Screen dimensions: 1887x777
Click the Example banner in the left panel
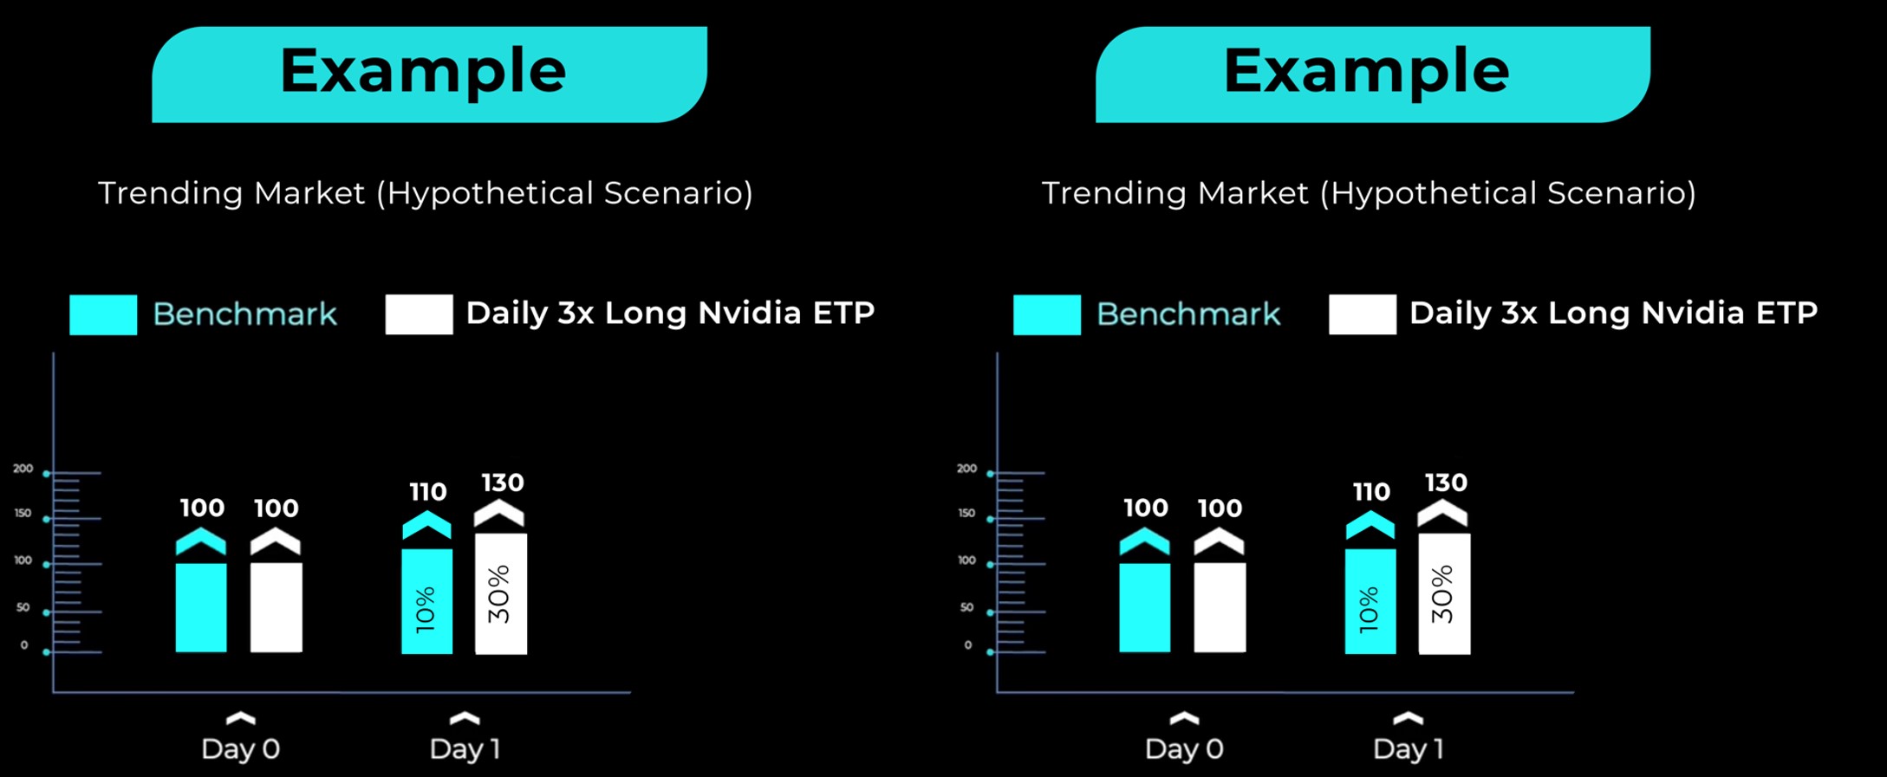(x=429, y=74)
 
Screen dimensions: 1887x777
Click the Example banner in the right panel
(x=1373, y=74)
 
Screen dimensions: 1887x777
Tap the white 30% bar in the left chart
(x=501, y=593)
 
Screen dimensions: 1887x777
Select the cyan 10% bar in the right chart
(x=1370, y=600)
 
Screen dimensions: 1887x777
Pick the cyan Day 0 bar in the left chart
(x=201, y=607)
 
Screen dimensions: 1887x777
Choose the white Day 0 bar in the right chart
(x=1220, y=607)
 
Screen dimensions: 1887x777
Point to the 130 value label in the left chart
(x=503, y=482)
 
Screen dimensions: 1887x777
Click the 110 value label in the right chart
(x=1371, y=492)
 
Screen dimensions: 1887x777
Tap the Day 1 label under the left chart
(x=465, y=748)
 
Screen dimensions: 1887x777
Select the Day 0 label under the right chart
(x=1184, y=748)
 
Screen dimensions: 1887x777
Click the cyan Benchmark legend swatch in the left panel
(x=103, y=314)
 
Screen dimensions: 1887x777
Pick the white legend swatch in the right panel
(x=1363, y=314)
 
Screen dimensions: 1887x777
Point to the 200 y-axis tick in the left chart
(x=23, y=469)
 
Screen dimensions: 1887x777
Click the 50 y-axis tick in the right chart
(x=966, y=607)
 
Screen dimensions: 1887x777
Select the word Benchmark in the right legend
(x=1188, y=314)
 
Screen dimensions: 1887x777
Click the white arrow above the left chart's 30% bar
(x=499, y=513)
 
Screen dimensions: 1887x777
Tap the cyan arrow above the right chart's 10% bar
(x=1370, y=525)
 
